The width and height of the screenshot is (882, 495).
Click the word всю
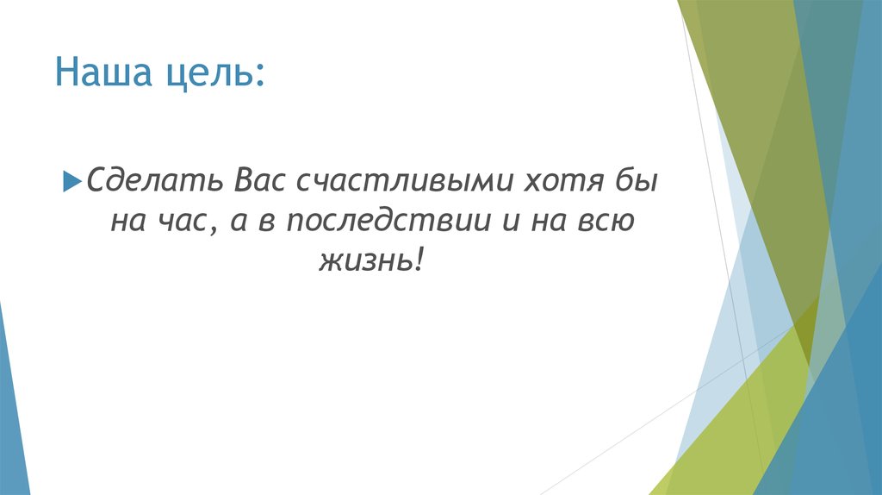(608, 222)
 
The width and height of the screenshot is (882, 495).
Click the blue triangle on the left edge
(12, 405)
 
